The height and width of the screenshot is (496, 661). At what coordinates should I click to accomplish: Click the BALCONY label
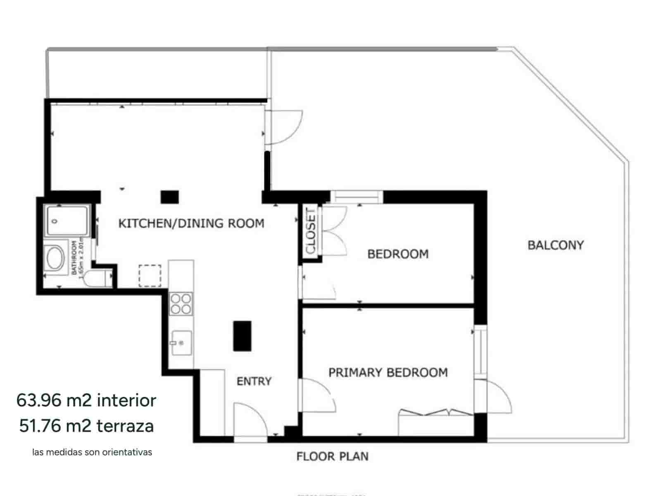[x=555, y=245]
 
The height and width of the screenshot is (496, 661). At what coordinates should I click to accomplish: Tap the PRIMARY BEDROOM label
[x=388, y=372]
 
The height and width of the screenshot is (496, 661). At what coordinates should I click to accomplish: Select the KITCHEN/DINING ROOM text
[x=191, y=224]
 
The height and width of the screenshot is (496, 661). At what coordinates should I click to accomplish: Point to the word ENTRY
[x=254, y=381]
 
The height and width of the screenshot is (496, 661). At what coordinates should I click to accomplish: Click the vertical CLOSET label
[x=310, y=231]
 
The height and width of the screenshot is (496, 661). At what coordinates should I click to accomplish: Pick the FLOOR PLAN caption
[x=333, y=456]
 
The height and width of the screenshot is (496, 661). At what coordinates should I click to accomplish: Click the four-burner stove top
[x=181, y=304]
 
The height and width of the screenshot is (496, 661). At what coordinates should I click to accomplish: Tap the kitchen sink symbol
[x=181, y=343]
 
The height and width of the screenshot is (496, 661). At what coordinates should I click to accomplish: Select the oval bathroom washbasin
[x=55, y=258]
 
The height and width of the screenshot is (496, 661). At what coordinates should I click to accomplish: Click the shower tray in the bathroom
[x=67, y=221]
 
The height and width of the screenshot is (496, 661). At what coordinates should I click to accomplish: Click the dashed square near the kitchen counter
[x=150, y=276]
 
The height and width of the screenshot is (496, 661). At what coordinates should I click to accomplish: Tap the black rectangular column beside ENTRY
[x=242, y=336]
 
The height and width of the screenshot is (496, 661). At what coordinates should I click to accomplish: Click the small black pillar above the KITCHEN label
[x=169, y=197]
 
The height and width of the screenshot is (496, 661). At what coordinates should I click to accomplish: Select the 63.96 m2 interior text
[x=86, y=400]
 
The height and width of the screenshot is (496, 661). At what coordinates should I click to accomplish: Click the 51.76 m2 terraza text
[x=86, y=426]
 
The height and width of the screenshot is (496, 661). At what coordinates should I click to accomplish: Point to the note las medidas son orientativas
[x=92, y=452]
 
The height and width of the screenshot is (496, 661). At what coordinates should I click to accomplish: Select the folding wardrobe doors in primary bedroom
[x=435, y=413]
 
